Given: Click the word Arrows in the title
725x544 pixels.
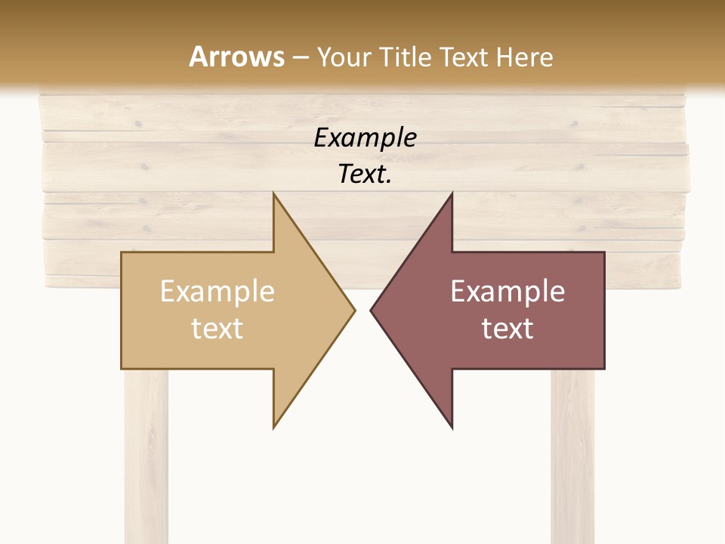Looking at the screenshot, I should point(236,57).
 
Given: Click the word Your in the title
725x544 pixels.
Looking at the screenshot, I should point(344,57).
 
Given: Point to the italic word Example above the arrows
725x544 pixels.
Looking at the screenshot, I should point(365,138).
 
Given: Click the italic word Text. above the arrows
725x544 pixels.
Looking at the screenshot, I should point(365,175).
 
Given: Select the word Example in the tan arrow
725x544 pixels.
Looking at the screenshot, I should point(217,291).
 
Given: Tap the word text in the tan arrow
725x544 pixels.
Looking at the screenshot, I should point(217,328).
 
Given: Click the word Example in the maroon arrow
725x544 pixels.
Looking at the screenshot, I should point(507,291).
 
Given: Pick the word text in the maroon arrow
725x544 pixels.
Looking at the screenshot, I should point(507,328).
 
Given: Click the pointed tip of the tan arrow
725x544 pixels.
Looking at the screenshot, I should point(354,310).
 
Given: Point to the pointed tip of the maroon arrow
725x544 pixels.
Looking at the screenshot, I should point(371,310).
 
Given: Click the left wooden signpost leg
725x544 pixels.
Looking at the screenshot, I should point(147,453).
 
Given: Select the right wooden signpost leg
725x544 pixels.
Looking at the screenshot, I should point(572,453).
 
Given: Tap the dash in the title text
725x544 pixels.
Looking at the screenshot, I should point(300,57).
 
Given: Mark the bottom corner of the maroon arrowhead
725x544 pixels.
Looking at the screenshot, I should point(452,428).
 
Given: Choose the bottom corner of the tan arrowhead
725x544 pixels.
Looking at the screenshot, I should point(274,428).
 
